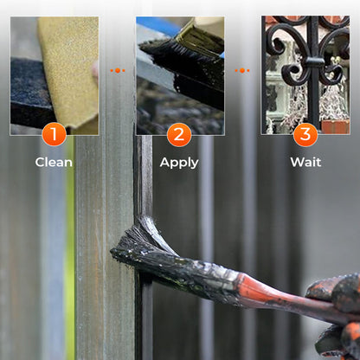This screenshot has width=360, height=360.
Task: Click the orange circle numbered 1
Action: pos(54,134)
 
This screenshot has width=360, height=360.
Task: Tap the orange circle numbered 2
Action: pos(179,134)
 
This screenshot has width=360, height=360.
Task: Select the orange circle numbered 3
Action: pos(305,134)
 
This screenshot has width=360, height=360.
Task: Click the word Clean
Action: pos(54,162)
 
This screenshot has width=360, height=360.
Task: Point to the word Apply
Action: pos(179,163)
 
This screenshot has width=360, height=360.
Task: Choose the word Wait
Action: pos(305,162)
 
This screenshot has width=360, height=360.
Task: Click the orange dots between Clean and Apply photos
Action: pos(118,70)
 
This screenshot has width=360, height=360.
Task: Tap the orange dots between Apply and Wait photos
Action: pos(242,70)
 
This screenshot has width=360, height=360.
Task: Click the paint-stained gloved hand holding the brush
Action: pos(337,312)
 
